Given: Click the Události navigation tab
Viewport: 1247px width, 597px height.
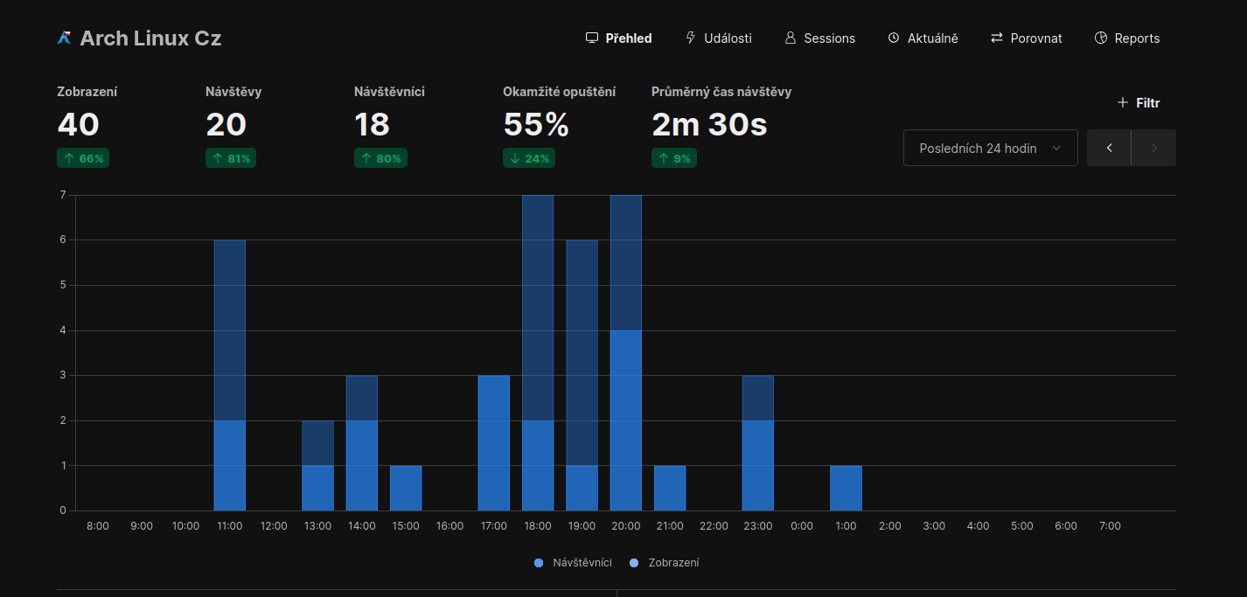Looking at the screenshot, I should pos(718,38).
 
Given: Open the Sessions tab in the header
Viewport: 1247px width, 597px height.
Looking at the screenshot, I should pos(819,38).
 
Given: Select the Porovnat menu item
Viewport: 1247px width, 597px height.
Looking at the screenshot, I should pos(1026,38).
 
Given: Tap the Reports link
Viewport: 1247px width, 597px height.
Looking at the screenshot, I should pos(1126,38).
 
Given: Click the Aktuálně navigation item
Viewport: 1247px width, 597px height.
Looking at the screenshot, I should pos(923,38).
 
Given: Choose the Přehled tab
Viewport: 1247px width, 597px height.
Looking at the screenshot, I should pos(618,38).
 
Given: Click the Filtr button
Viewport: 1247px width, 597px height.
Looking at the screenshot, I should pos(1138,103).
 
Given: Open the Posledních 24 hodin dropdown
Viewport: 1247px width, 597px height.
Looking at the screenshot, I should pos(990,149).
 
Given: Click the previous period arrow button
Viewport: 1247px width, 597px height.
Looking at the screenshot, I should pos(1109,149).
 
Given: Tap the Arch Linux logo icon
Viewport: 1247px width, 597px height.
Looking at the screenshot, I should pos(64,38).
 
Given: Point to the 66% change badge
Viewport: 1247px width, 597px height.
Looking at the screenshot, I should pos(83,158).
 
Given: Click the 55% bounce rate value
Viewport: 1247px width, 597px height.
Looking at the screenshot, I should pos(536,125).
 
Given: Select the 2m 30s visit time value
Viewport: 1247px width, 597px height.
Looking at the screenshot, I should pos(709,125).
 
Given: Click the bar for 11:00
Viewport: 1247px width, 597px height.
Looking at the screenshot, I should pos(230,376).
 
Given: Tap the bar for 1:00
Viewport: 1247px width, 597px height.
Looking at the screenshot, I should pos(846,489).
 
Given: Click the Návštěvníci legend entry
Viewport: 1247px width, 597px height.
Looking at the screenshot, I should pos(573,563).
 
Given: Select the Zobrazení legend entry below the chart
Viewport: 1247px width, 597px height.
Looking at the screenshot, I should pos(665,563).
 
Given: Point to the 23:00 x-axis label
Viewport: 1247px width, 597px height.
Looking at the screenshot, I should pos(757,526).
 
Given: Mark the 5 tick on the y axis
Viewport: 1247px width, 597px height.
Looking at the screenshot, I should pos(63,285).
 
